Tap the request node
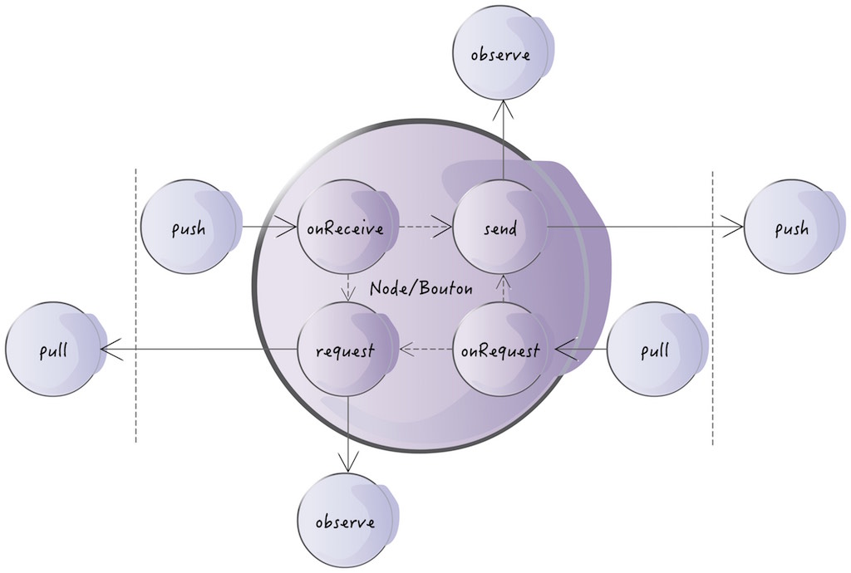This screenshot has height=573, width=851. (345, 350)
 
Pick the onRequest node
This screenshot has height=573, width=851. (500, 350)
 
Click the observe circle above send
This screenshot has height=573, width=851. (500, 56)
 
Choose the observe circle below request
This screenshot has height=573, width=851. (345, 522)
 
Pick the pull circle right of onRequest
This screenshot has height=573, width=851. (656, 350)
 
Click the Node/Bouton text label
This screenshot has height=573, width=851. (421, 289)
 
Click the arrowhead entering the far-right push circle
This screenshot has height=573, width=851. (733, 225)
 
